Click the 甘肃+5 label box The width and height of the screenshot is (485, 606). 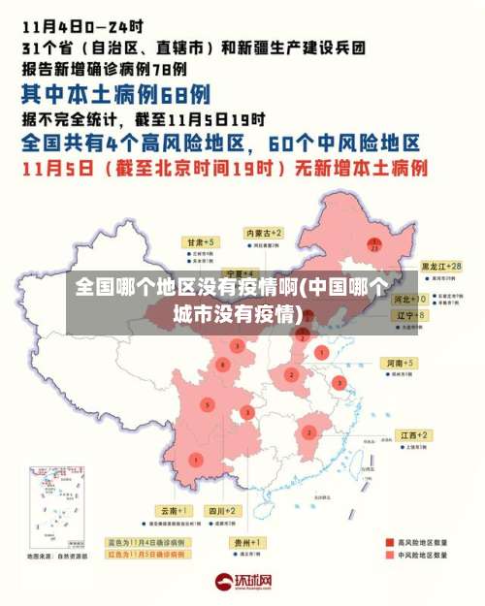pyautogui.click(x=202, y=241)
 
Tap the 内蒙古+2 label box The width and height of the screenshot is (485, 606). pyautogui.click(x=263, y=234)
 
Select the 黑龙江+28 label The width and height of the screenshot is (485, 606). pyautogui.click(x=439, y=266)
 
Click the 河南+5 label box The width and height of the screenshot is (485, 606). pyautogui.click(x=400, y=363)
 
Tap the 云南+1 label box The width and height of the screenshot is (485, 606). pyautogui.click(x=176, y=510)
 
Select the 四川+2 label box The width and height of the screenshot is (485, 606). pyautogui.click(x=223, y=510)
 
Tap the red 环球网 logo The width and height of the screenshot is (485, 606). pyautogui.click(x=243, y=582)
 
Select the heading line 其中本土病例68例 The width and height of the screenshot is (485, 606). pyautogui.click(x=116, y=94)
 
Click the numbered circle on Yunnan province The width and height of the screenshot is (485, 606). pyautogui.click(x=197, y=459)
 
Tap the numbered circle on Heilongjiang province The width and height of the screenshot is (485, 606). pyautogui.click(x=373, y=243)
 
